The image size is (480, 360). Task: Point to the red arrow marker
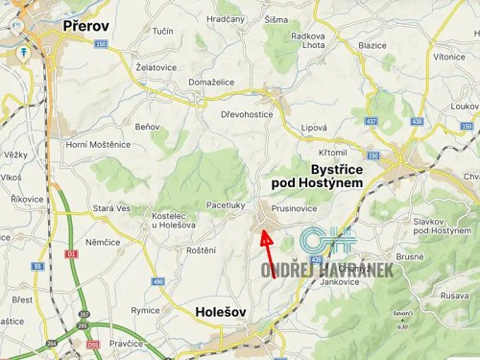(268, 252)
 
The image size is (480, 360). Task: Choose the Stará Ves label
(110, 207)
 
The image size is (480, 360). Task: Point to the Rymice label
(146, 310)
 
